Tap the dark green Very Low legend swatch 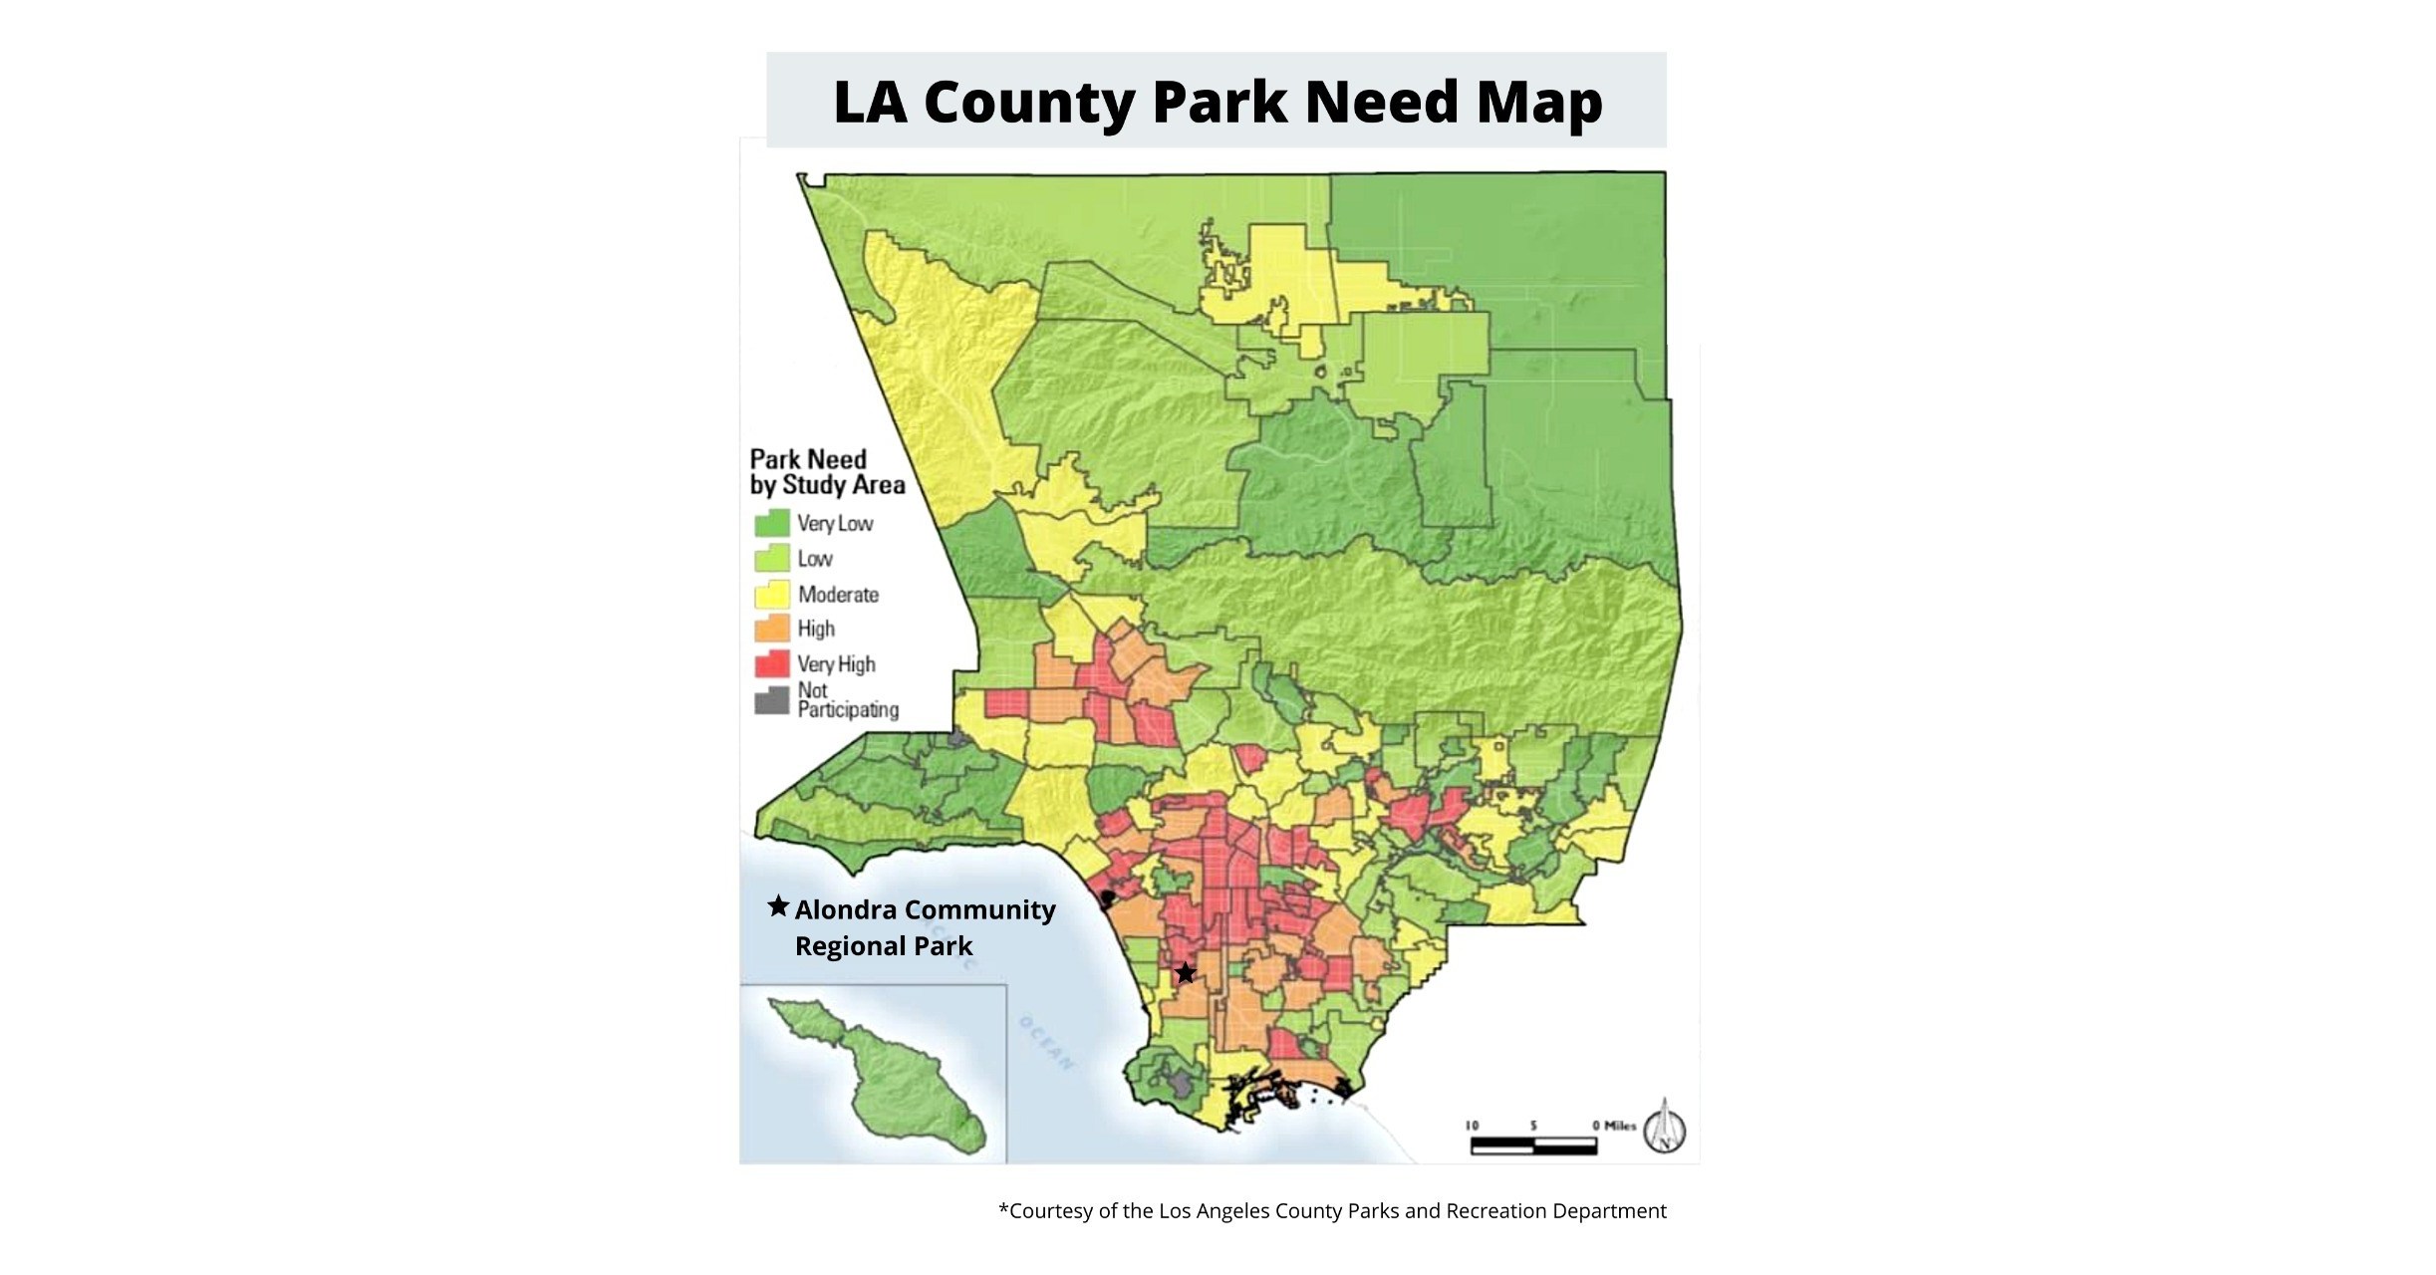point(772,523)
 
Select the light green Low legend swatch point(772,558)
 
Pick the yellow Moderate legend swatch point(772,595)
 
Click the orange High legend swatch point(772,629)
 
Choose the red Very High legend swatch point(772,663)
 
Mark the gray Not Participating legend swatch point(772,700)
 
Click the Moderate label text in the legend point(838,595)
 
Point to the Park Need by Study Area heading point(827,472)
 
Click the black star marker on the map point(1185,972)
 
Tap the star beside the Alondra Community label point(778,906)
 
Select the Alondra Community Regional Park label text point(924,927)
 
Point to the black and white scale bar point(1533,1146)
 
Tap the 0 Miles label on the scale point(1614,1125)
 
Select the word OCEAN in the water point(1046,1043)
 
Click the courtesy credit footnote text point(1332,1211)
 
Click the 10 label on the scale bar point(1472,1125)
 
